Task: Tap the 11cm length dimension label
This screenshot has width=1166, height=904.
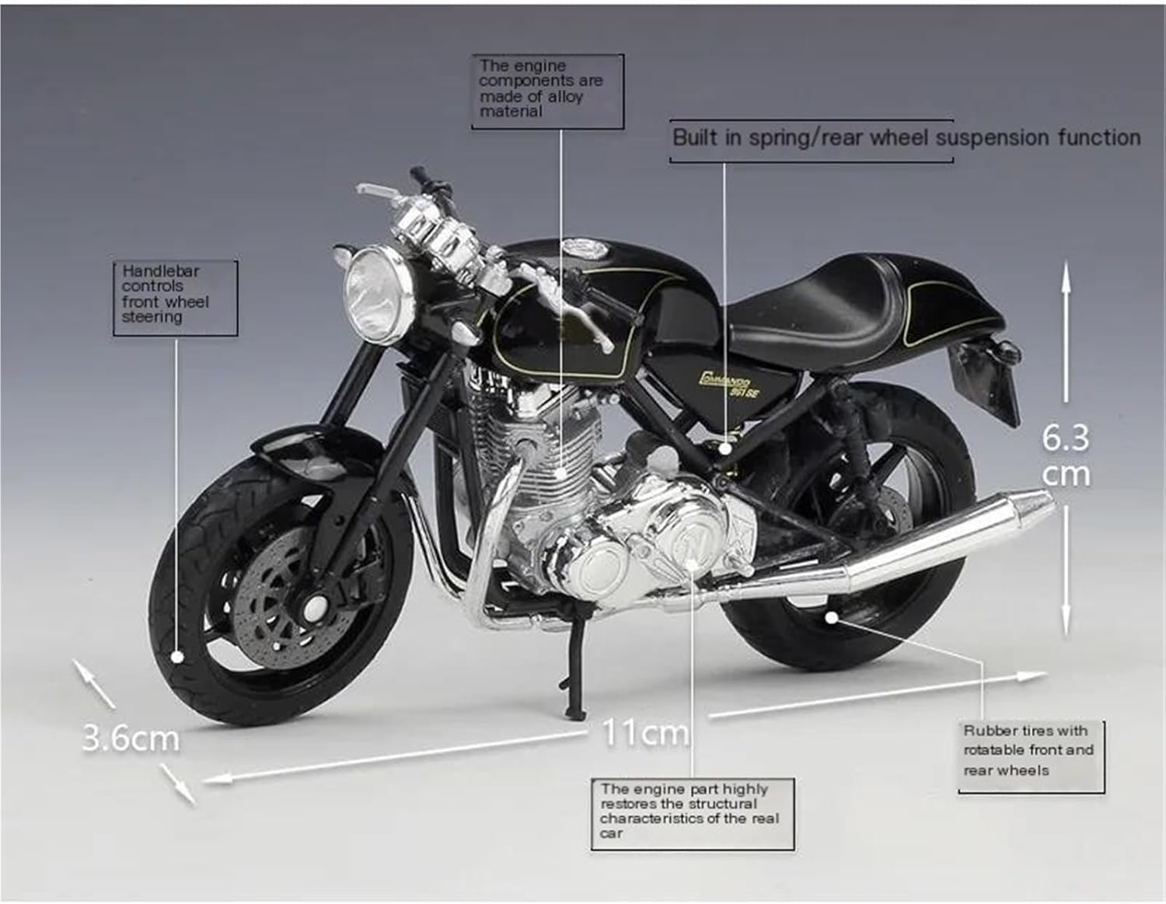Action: [x=645, y=731]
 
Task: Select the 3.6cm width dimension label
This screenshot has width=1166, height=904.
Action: [x=130, y=738]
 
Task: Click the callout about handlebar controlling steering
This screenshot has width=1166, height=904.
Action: [x=175, y=296]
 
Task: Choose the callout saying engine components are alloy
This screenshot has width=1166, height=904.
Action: [x=546, y=90]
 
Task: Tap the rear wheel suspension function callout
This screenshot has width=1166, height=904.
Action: [x=906, y=138]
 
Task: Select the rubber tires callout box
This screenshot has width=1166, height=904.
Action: [x=1030, y=751]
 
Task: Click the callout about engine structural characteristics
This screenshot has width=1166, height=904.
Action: [x=692, y=812]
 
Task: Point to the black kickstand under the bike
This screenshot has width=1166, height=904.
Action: [x=572, y=668]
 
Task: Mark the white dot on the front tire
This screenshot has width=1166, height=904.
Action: [x=178, y=657]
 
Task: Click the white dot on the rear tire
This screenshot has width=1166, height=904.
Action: [x=831, y=618]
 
